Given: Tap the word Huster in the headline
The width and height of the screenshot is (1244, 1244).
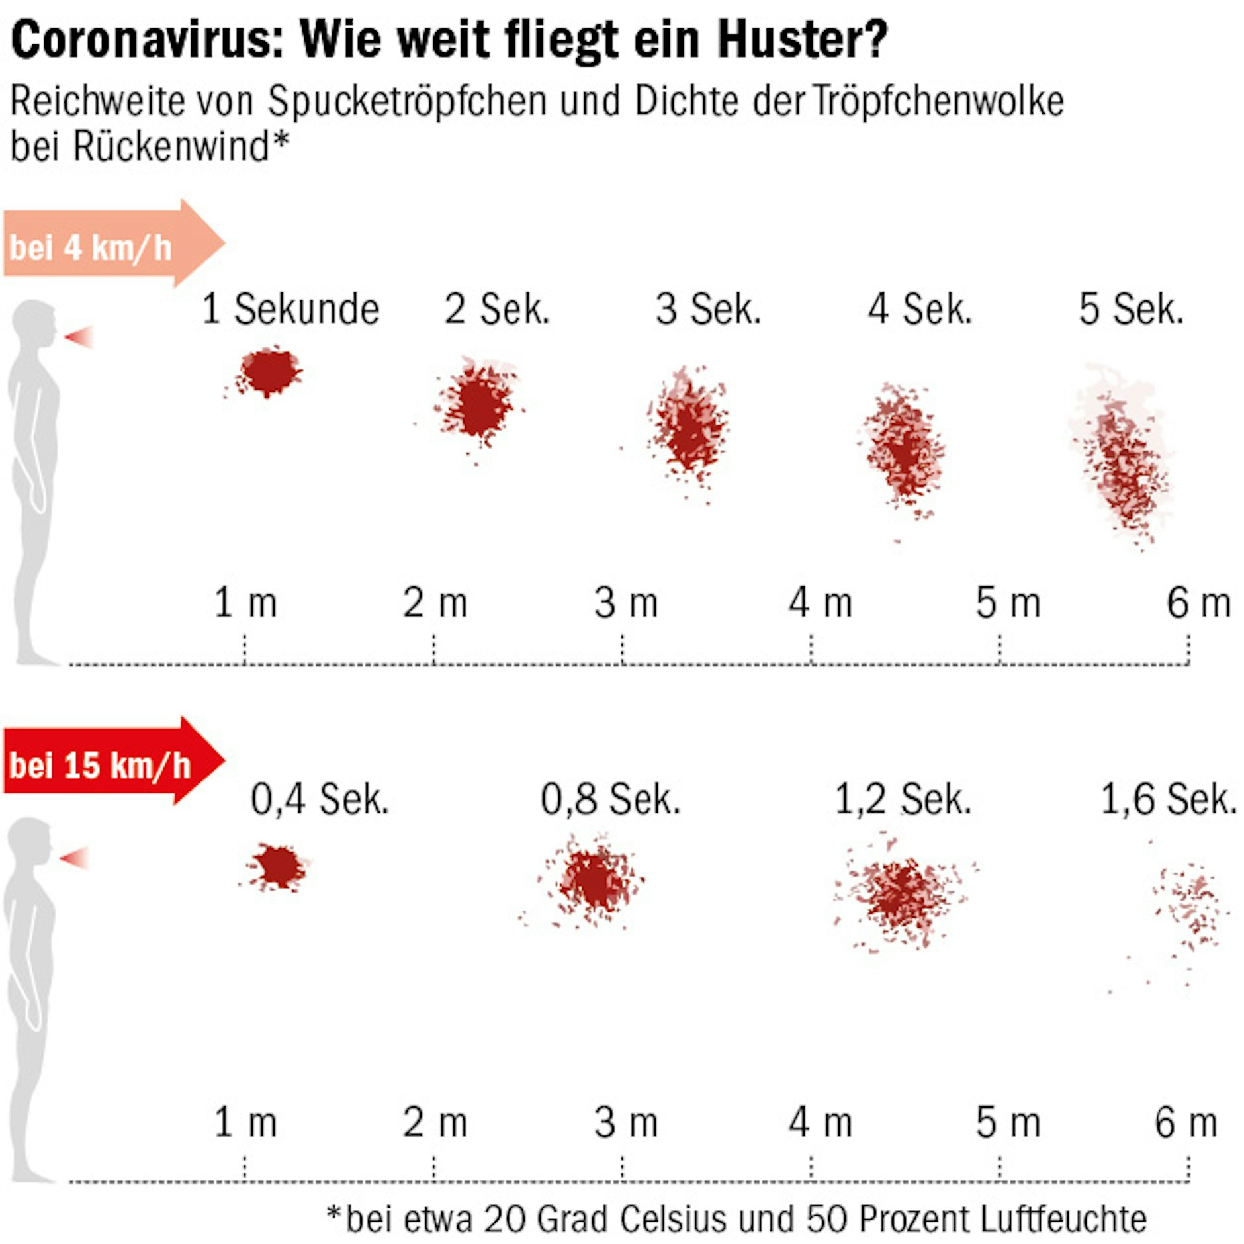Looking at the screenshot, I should click(x=801, y=40).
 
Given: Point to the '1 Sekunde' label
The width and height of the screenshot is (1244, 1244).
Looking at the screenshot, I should click(x=290, y=309).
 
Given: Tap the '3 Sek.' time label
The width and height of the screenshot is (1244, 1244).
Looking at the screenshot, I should click(x=708, y=309).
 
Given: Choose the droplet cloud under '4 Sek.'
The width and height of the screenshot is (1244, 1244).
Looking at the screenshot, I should click(x=904, y=450).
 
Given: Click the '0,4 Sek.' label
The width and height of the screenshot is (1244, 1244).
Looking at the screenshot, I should click(x=320, y=799).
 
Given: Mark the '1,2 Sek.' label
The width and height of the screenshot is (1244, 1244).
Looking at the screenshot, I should click(x=903, y=799).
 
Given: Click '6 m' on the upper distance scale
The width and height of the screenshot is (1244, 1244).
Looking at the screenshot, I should click(x=1198, y=603).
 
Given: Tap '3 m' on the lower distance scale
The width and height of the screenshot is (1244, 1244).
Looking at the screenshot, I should click(x=626, y=1122).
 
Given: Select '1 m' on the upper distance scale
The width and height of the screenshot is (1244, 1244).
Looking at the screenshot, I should click(x=245, y=603).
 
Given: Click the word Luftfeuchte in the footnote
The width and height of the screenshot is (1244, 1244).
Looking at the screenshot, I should click(x=1063, y=1219).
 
